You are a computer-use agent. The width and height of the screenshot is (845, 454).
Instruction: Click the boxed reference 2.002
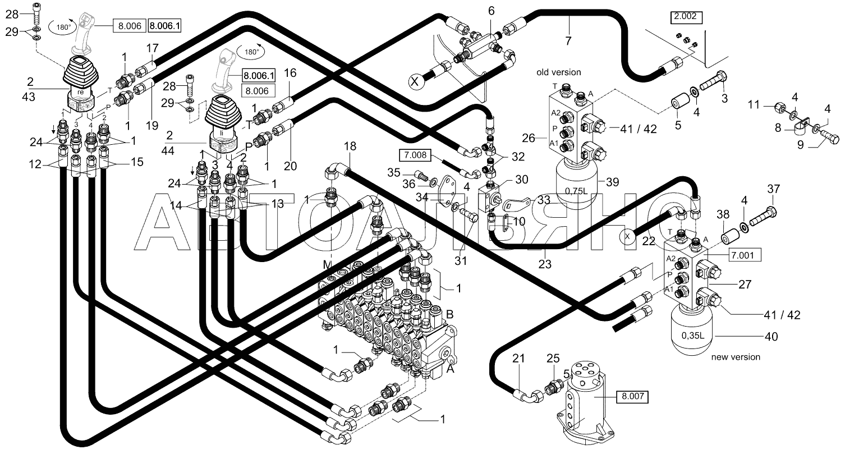[x=686, y=17]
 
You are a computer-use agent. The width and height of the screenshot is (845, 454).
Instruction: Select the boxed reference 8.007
[x=632, y=397]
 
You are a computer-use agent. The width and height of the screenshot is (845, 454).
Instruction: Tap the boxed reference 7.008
[x=415, y=155]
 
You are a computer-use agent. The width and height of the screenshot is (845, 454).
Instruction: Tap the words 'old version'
[x=558, y=72]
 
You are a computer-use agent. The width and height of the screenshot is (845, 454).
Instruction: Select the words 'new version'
[x=736, y=357]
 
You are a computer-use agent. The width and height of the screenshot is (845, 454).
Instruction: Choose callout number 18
[x=350, y=146]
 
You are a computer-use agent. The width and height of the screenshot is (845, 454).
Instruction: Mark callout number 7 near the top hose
[x=568, y=40]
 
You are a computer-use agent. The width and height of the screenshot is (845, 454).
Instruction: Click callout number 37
[x=773, y=189]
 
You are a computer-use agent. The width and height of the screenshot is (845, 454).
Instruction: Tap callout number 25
[x=553, y=358]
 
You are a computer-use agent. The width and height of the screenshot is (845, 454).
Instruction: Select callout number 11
[x=754, y=104]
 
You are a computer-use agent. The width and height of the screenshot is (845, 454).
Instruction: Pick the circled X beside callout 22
[x=627, y=237]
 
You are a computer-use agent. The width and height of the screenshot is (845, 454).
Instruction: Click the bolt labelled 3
[x=713, y=80]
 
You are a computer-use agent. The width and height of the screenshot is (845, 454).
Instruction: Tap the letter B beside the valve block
[x=449, y=314]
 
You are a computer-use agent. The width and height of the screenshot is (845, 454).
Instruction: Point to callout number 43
[x=29, y=97]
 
